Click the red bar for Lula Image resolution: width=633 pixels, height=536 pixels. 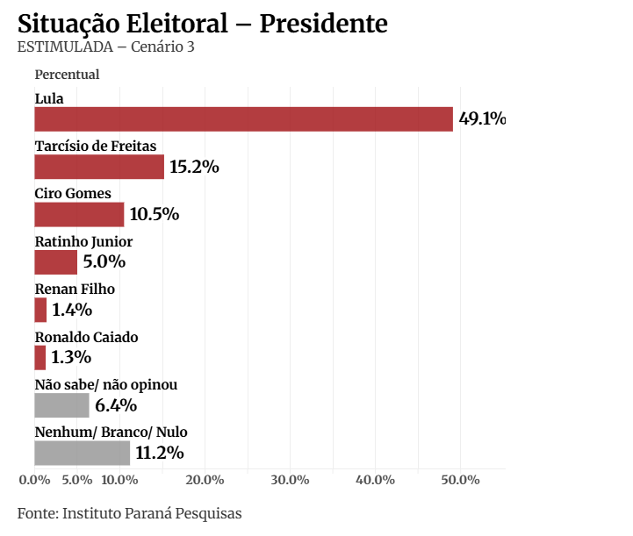[x=243, y=119]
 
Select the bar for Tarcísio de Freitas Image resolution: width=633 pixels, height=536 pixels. [x=99, y=167]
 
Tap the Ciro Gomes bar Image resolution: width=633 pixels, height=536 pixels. [x=79, y=215]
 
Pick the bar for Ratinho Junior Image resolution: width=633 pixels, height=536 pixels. [x=55, y=262]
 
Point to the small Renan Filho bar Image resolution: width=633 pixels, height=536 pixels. [x=40, y=310]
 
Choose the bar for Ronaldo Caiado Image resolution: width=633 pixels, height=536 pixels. [x=40, y=358]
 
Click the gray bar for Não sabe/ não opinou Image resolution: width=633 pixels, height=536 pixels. [x=61, y=405]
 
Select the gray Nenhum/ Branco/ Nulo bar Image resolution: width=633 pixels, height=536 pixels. [x=82, y=453]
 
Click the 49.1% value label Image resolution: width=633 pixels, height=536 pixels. [x=482, y=119]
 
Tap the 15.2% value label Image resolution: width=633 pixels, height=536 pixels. [x=194, y=167]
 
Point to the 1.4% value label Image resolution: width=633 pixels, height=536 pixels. [x=72, y=310]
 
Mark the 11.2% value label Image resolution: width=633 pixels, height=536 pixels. [x=159, y=453]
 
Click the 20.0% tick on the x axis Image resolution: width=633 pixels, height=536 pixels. [x=205, y=480]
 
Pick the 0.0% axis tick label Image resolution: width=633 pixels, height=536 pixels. [x=34, y=480]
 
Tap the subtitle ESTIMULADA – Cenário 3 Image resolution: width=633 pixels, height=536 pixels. [x=105, y=46]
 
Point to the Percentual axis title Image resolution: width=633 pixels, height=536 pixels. [x=67, y=75]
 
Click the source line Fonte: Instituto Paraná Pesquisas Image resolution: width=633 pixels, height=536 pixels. [x=129, y=513]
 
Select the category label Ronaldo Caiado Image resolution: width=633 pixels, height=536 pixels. [x=86, y=337]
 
